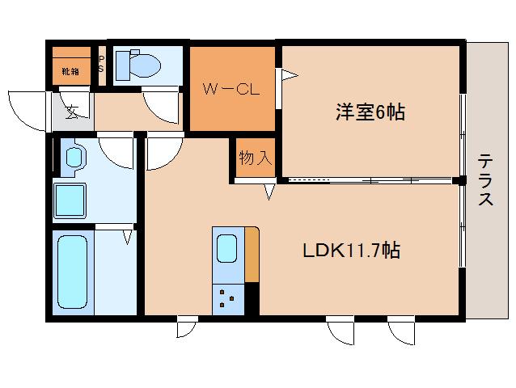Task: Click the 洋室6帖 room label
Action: click(370, 112)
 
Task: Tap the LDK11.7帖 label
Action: click(352, 250)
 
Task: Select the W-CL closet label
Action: click(231, 90)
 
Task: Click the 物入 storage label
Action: click(254, 158)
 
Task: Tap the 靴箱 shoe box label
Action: click(70, 71)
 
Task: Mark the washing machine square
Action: click(74, 200)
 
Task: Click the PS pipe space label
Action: click(101, 64)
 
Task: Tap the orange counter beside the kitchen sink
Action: click(252, 255)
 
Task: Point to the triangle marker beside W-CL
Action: click(289, 75)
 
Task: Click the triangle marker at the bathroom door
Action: click(127, 237)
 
